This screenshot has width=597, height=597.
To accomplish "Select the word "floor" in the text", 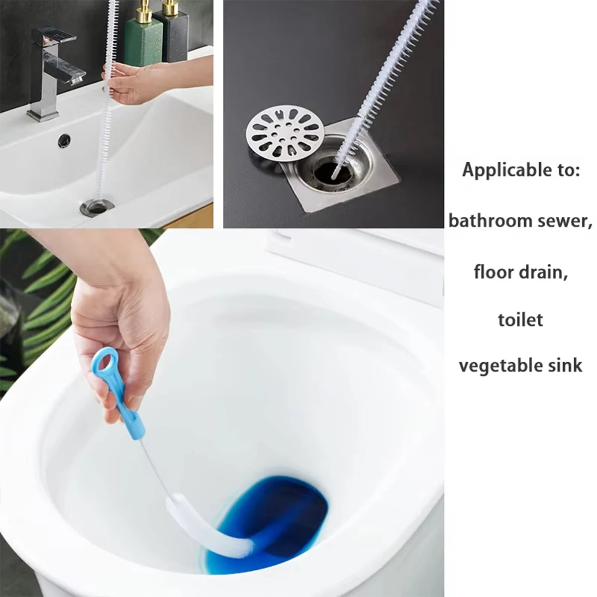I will tap(494, 272).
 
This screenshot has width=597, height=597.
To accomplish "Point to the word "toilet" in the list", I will tap(520, 319).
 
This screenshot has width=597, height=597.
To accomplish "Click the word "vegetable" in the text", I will tap(500, 366).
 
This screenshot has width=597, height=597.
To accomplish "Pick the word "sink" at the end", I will tap(565, 365).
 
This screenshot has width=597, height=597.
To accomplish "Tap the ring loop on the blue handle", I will tap(106, 362).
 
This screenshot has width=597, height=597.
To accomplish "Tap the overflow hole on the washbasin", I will tap(64, 140).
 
